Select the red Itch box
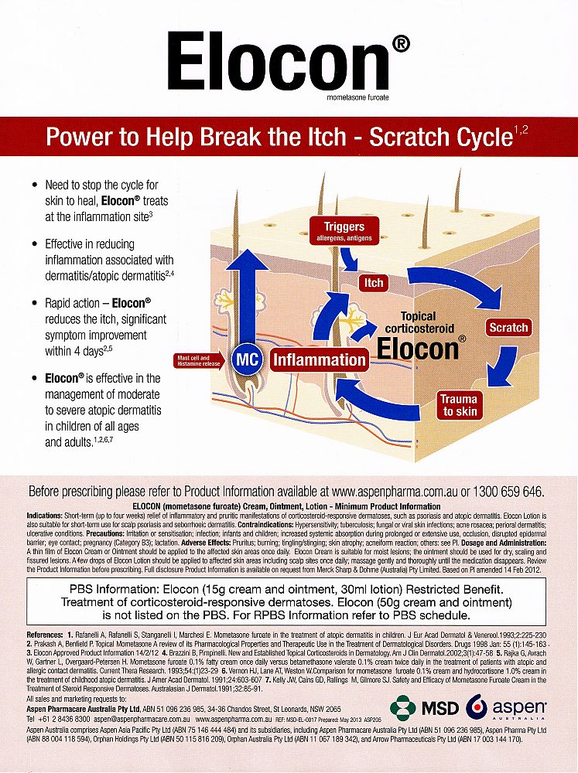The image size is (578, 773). point(374,283)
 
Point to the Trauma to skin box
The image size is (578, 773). point(459,405)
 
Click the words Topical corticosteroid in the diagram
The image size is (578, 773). point(419,322)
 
